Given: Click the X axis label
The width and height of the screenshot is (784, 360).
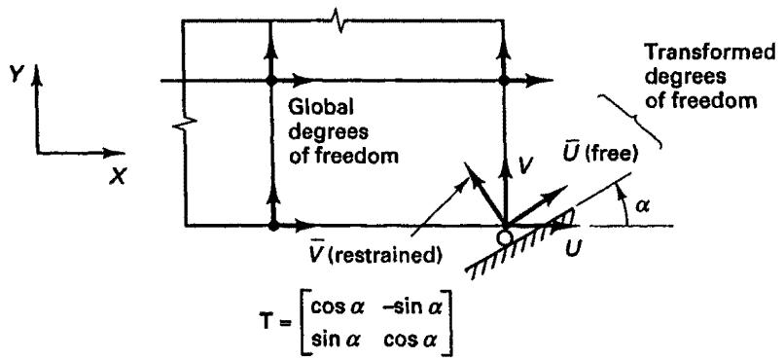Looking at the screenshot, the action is pos(117,176).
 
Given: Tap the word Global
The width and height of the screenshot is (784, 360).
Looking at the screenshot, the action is pos(313,107).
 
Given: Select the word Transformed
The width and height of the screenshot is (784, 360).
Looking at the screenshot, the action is pos(709,52).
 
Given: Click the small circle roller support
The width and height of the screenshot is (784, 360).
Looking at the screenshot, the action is pos(506,237).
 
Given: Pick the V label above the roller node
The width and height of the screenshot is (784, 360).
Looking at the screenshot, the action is pos(523,165).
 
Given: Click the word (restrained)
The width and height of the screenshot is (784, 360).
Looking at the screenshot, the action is pos(391,256).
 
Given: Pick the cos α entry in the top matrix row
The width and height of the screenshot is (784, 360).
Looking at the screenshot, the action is pos(341,307).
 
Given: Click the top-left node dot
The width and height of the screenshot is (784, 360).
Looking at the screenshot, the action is pos(270,80).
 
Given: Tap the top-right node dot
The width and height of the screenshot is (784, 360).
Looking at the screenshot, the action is pos(504,80).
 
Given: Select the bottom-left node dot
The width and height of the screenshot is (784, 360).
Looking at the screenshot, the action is pos(273,227).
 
